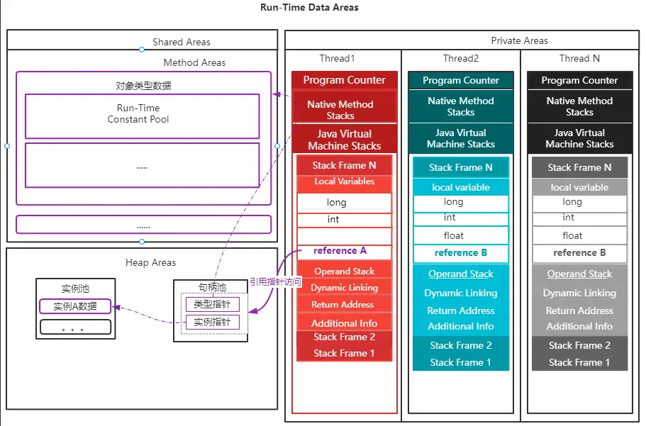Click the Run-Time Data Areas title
310,8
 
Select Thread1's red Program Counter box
344,80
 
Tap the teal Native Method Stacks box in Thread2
461,106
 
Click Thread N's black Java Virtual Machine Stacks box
579,138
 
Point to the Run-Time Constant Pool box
138,114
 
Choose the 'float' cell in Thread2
461,235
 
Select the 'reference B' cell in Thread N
579,252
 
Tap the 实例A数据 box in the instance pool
75,307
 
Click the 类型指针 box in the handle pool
212,304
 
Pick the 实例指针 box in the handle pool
212,323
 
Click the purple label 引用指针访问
275,282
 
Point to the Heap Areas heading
150,263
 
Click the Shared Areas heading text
182,43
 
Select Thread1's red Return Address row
344,305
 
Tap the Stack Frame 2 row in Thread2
461,345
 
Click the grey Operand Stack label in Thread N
579,274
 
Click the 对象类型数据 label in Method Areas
143,86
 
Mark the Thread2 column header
461,59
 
